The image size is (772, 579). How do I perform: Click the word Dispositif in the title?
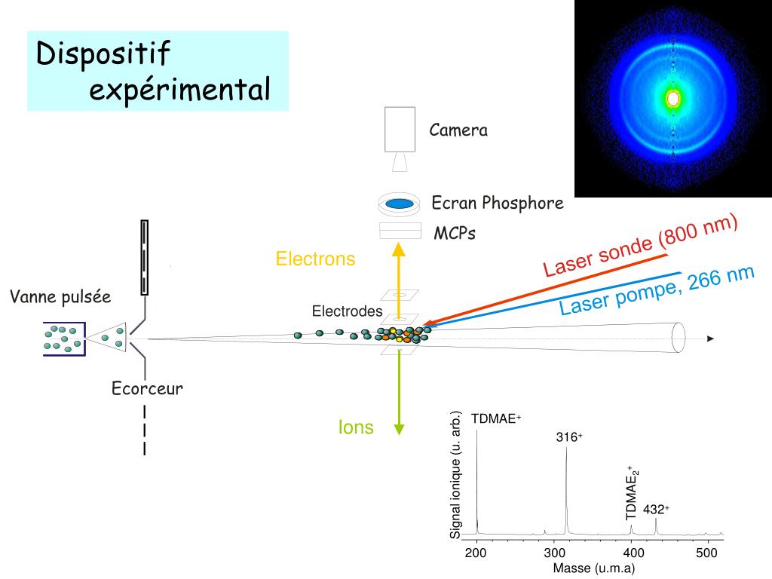[104, 54]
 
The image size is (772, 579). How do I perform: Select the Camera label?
[458, 130]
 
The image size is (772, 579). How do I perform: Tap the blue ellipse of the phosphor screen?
[399, 203]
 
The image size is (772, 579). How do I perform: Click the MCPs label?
[455, 234]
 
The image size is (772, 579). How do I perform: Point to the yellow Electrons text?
[315, 259]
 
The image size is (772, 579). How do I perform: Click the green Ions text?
[356, 427]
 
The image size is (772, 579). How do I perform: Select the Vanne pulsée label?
[60, 297]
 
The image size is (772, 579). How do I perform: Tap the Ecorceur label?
[148, 389]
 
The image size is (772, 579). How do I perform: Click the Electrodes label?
[347, 311]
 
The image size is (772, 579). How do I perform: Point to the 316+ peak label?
[569, 437]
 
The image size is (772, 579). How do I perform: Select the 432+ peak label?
[656, 510]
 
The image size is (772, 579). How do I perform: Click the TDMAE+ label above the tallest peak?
[496, 419]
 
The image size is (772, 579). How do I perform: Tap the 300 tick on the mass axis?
[554, 554]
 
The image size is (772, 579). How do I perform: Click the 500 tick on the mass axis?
[706, 554]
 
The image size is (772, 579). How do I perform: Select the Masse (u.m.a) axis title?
[594, 568]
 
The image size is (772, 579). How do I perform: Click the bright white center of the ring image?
[673, 98]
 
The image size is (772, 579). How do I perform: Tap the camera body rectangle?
[400, 129]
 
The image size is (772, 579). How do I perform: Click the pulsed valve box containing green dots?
[64, 339]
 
